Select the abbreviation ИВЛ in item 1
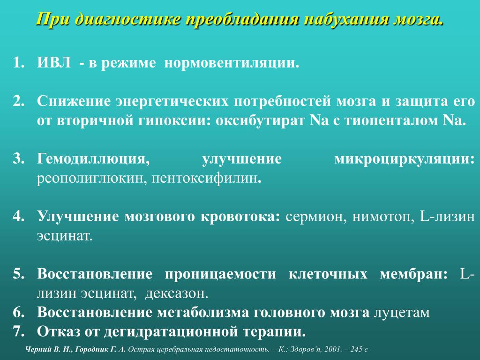pyautogui.click(x=53, y=63)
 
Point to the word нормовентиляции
pyautogui.click(x=232, y=63)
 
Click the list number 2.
pyautogui.click(x=18, y=101)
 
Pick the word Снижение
pyautogui.click(x=74, y=101)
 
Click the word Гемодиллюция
pyautogui.click(x=93, y=159)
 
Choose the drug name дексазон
pyautogui.click(x=177, y=293)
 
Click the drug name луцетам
pyautogui.click(x=402, y=313)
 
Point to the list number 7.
pyautogui.click(x=18, y=331)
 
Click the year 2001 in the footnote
pyautogui.click(x=333, y=349)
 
